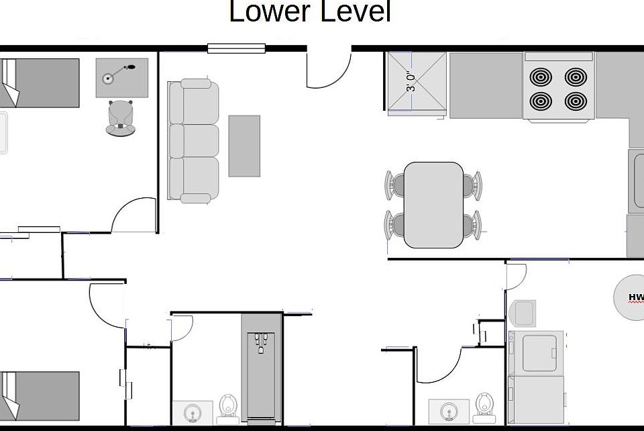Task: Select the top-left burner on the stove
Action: point(541,77)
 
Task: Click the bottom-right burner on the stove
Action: point(576,101)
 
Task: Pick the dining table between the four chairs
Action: point(433,204)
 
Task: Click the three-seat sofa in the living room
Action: point(194,140)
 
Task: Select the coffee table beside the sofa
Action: point(244,146)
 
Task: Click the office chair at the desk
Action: point(121,118)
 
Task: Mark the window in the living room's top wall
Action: point(236,48)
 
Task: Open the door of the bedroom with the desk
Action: point(134,216)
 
